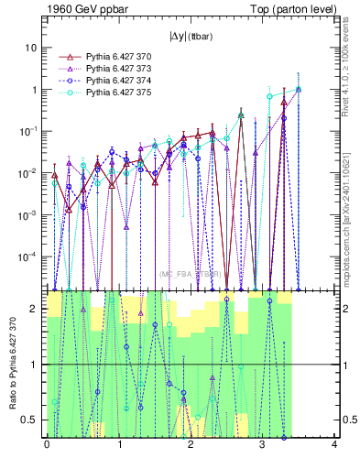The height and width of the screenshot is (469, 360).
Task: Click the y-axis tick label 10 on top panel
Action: coord(31,48)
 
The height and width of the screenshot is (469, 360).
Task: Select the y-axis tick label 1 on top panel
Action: coord(34,90)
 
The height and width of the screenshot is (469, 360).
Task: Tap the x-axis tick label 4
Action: coord(334,445)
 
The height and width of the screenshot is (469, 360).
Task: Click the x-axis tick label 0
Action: coord(47,445)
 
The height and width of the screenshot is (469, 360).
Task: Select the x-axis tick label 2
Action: coord(191,445)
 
